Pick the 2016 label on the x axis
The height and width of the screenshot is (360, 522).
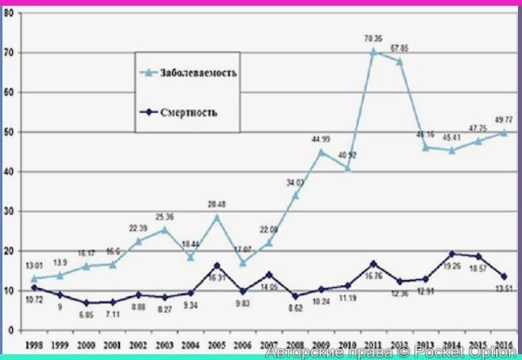coord(503,344)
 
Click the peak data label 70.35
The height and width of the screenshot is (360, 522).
coord(374,38)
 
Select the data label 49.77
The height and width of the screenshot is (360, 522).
coord(503,120)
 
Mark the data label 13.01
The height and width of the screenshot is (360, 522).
coord(34,242)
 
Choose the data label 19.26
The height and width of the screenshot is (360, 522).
coord(452,266)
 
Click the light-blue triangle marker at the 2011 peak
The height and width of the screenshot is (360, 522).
coord(374,51)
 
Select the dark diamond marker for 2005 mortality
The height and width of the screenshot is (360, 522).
coord(216,265)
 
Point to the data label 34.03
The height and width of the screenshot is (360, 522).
coord(295,182)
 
